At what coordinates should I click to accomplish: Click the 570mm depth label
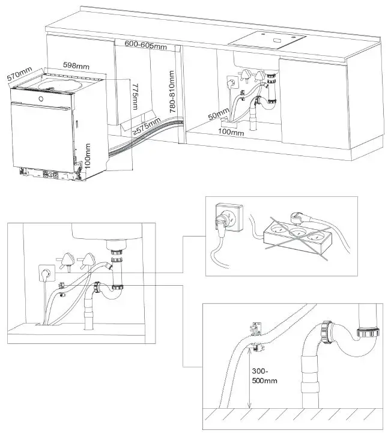coord(19,74)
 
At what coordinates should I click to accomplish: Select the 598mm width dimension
coord(77,65)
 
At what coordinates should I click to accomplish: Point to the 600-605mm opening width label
coord(145,44)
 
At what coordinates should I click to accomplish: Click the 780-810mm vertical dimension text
coord(172,92)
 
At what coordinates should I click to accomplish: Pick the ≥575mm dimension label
coord(147,126)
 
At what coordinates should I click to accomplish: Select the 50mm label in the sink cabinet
coord(219,113)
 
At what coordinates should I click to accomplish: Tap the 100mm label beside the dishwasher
coord(88,155)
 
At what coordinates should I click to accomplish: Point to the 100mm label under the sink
coord(231,131)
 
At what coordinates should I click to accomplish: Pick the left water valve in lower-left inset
coord(64,259)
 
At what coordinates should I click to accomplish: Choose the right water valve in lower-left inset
coord(89,259)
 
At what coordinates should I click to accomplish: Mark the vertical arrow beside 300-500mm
coord(249,379)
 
